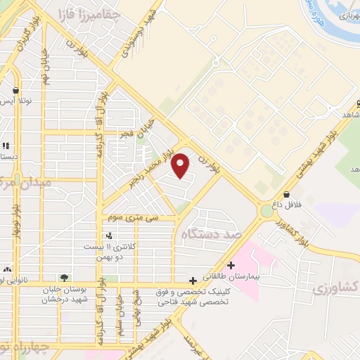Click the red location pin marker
click(181, 165)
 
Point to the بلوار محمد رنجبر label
click(153, 167)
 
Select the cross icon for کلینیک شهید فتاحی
click(193, 281)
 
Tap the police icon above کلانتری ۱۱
click(108, 236)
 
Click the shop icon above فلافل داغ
click(286, 194)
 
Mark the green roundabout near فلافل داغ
click(267, 210)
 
